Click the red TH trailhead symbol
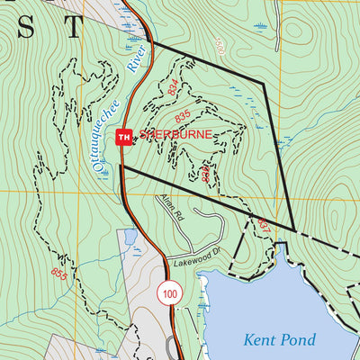point(124,137)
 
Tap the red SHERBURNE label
point(176,134)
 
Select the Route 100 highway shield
point(168,292)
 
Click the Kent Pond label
point(280,339)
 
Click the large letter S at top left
point(26,28)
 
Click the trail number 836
point(206,173)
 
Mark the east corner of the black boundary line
point(295,228)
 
